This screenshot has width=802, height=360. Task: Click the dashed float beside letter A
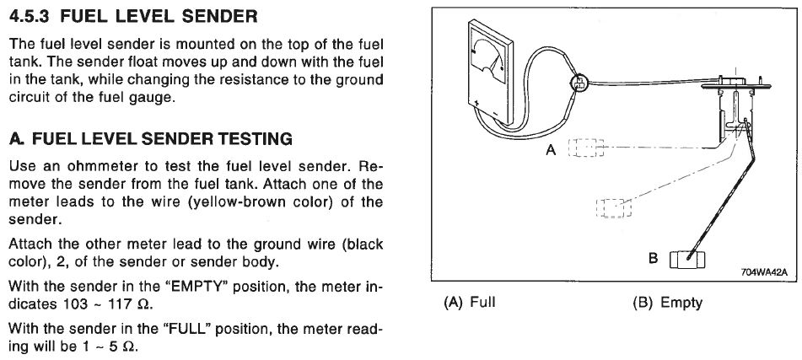pyautogui.click(x=585, y=149)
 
